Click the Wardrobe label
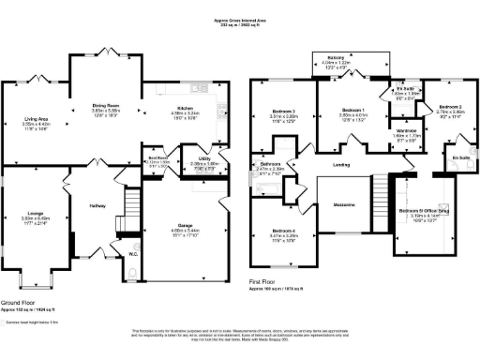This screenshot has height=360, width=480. (x=406, y=131)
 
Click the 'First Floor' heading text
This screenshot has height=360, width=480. (x=267, y=281)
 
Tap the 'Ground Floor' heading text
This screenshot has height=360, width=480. (x=20, y=304)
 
